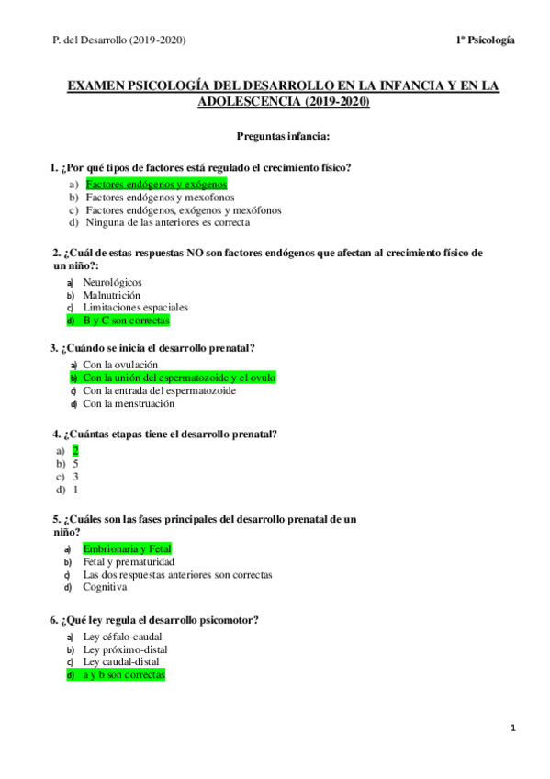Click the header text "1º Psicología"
[x=484, y=40]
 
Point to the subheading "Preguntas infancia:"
[x=284, y=137]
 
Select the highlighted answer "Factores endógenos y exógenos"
[x=156, y=184]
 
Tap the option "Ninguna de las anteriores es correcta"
[x=167, y=222]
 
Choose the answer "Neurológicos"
[x=112, y=282]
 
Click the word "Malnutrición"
[x=111, y=295]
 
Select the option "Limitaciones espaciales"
[x=135, y=308]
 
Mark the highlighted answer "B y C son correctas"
[x=126, y=321]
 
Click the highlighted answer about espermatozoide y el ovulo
[x=178, y=378]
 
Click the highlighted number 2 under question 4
[x=75, y=450]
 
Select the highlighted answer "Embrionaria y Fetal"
[x=127, y=548]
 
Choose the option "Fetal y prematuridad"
[x=129, y=561]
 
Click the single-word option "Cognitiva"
[x=105, y=587]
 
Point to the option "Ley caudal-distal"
[x=120, y=661]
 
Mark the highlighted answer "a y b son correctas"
[x=123, y=674]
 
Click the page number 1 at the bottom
[x=514, y=728]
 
